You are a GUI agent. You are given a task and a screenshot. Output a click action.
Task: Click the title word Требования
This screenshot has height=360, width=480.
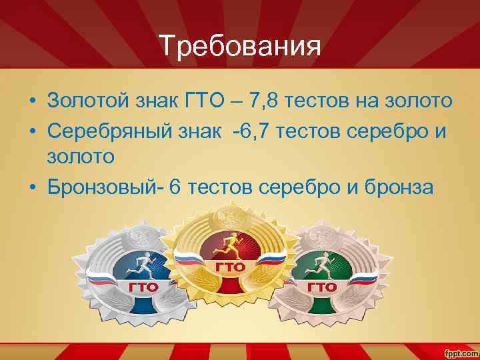coord(240,46)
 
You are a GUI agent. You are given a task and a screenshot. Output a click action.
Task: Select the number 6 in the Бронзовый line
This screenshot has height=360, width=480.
coord(175,187)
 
